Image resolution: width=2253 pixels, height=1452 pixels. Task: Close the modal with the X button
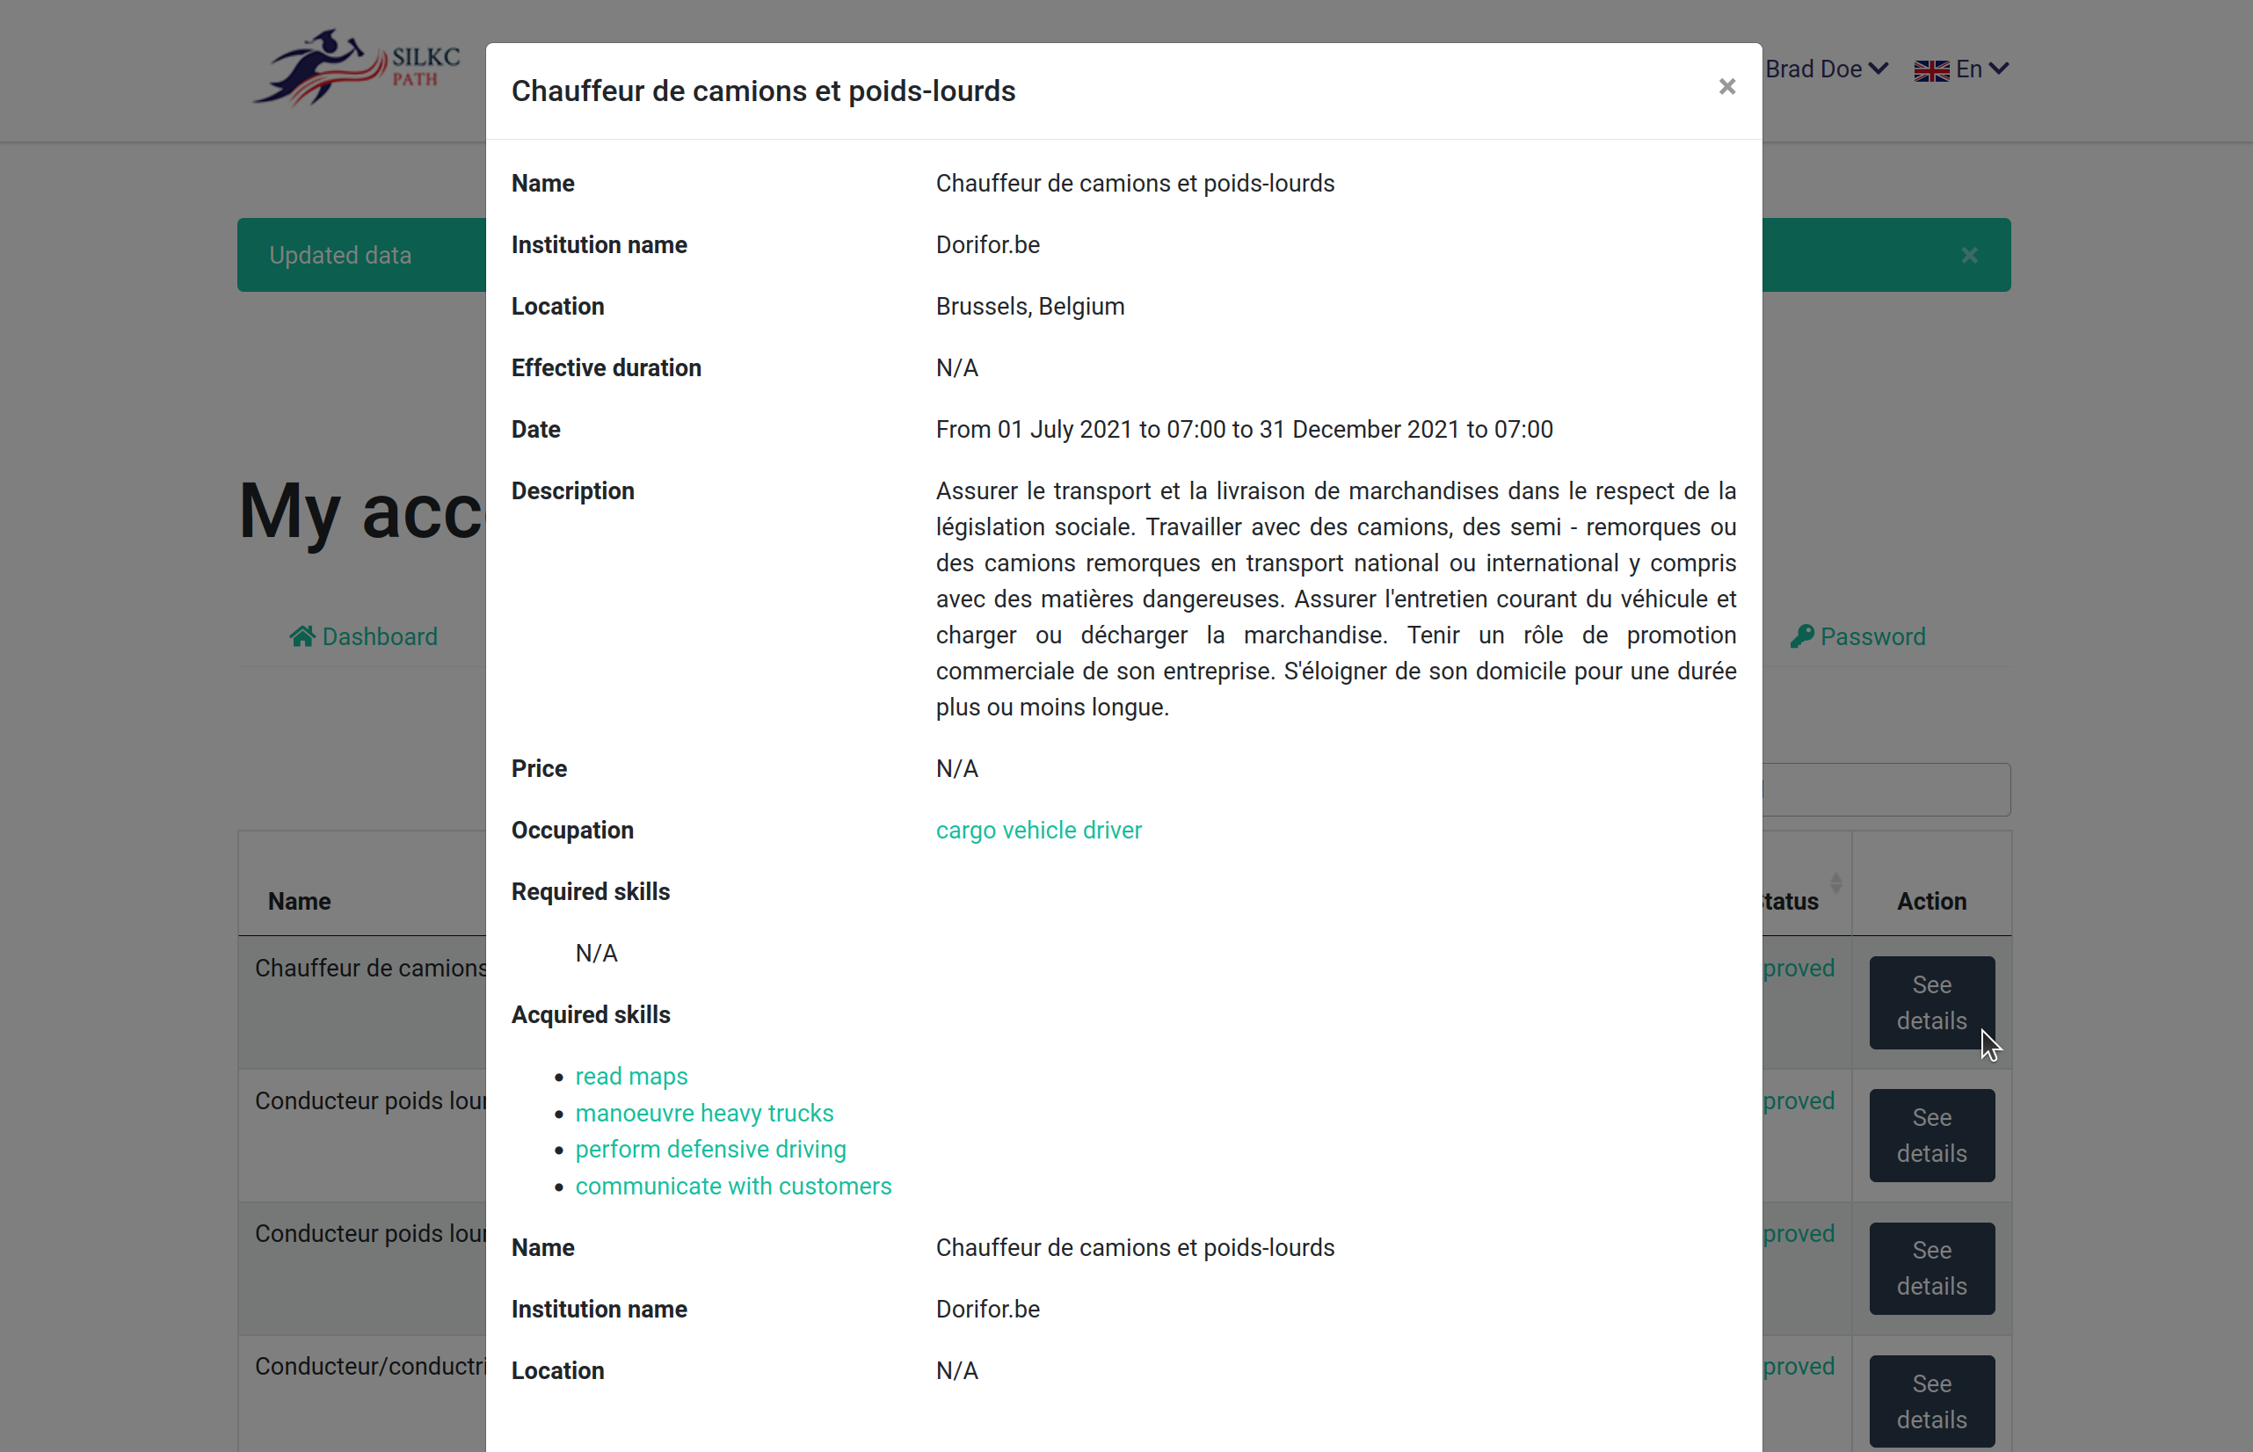(x=1726, y=87)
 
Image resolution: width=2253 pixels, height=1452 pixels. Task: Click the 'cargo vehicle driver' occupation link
(x=1038, y=830)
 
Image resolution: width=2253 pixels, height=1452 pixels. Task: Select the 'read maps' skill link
(x=630, y=1076)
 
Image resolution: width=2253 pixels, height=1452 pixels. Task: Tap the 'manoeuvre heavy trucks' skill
(x=704, y=1113)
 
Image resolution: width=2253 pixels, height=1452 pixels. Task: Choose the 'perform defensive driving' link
(x=710, y=1149)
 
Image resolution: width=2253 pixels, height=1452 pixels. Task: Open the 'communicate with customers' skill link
(x=732, y=1185)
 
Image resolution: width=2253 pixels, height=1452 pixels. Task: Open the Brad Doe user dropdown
(x=1825, y=69)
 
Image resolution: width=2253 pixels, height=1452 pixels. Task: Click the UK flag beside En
(x=1930, y=70)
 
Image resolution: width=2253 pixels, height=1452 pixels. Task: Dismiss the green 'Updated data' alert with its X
(x=1969, y=256)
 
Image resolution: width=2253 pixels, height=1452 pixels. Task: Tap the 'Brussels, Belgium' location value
(x=1029, y=307)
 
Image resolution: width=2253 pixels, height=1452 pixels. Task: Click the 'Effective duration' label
(x=605, y=367)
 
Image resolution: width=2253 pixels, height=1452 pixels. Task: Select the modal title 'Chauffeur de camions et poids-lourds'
(x=763, y=91)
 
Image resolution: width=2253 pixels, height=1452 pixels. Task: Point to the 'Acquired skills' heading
(x=590, y=1014)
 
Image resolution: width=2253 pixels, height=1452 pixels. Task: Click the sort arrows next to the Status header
(x=1835, y=883)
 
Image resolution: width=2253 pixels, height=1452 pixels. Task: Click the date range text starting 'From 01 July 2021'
(x=1243, y=429)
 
